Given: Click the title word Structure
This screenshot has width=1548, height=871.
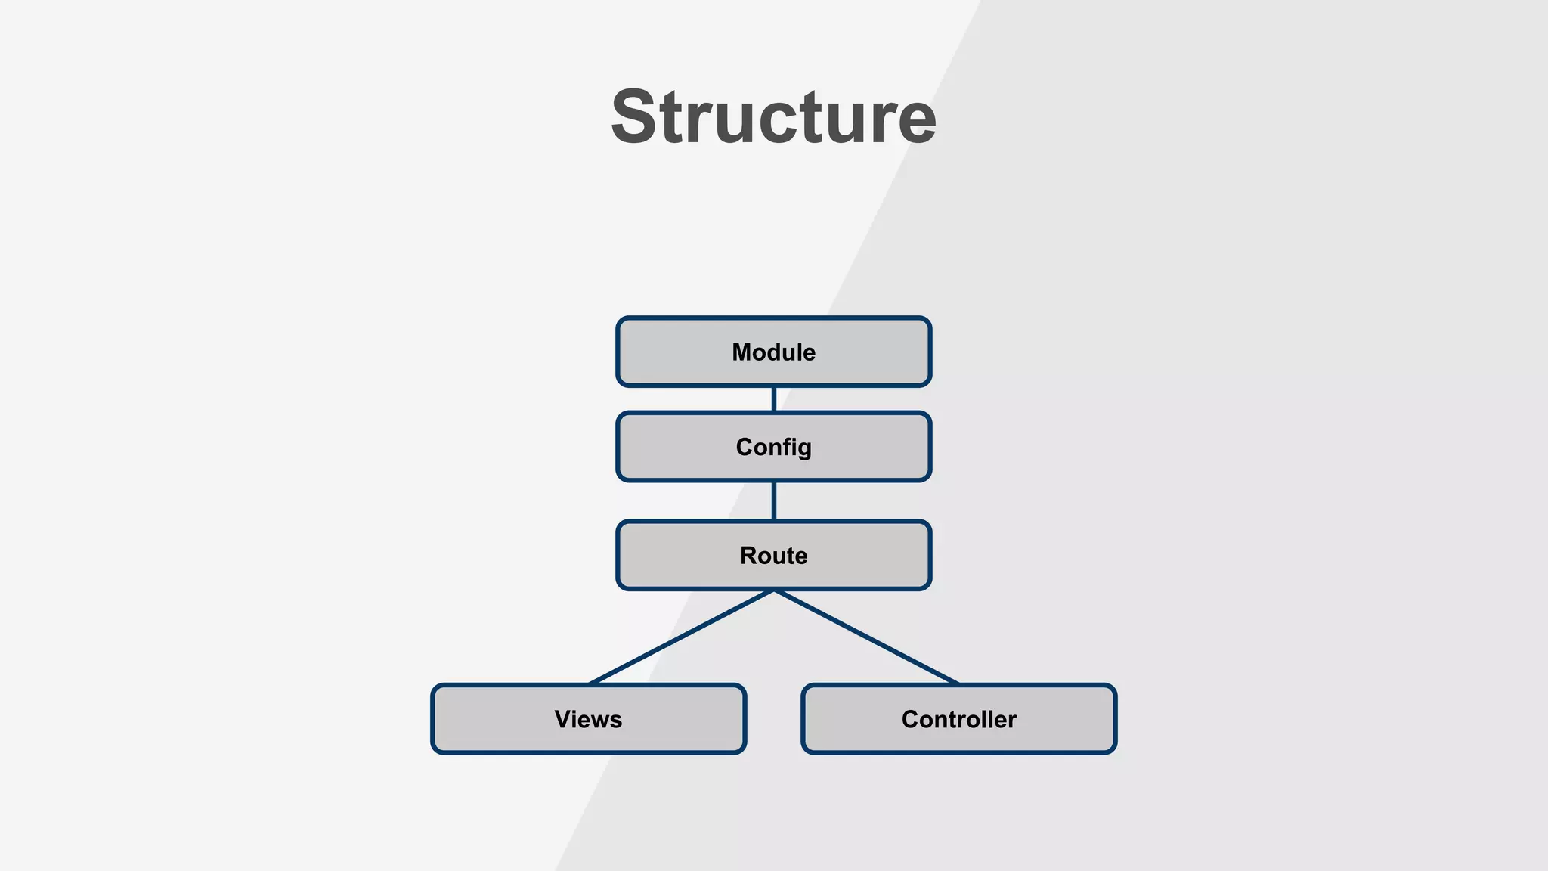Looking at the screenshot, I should [773, 117].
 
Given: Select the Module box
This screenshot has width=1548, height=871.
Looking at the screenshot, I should [773, 352].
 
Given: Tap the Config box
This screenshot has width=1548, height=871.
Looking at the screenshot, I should [773, 447].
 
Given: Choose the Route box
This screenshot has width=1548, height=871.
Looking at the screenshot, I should [773, 555].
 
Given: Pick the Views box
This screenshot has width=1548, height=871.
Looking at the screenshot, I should [588, 719].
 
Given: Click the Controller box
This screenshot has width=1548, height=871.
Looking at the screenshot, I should [958, 719].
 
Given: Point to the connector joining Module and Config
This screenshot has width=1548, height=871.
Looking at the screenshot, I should [773, 399].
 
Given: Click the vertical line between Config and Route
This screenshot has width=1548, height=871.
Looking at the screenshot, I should [773, 501].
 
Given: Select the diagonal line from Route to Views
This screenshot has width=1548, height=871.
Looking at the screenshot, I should [680, 637].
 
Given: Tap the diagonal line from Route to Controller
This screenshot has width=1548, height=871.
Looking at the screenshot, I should [866, 637].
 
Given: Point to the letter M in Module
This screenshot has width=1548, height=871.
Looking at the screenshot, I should [742, 352].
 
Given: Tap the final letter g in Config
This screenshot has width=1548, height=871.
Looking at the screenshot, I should [804, 449].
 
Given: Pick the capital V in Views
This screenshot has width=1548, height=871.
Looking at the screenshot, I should [563, 719].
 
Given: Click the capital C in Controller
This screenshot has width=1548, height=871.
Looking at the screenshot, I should [911, 719].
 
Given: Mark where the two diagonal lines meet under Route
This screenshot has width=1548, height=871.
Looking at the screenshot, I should [773, 591].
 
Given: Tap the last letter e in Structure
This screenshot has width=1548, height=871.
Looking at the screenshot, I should [917, 122].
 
